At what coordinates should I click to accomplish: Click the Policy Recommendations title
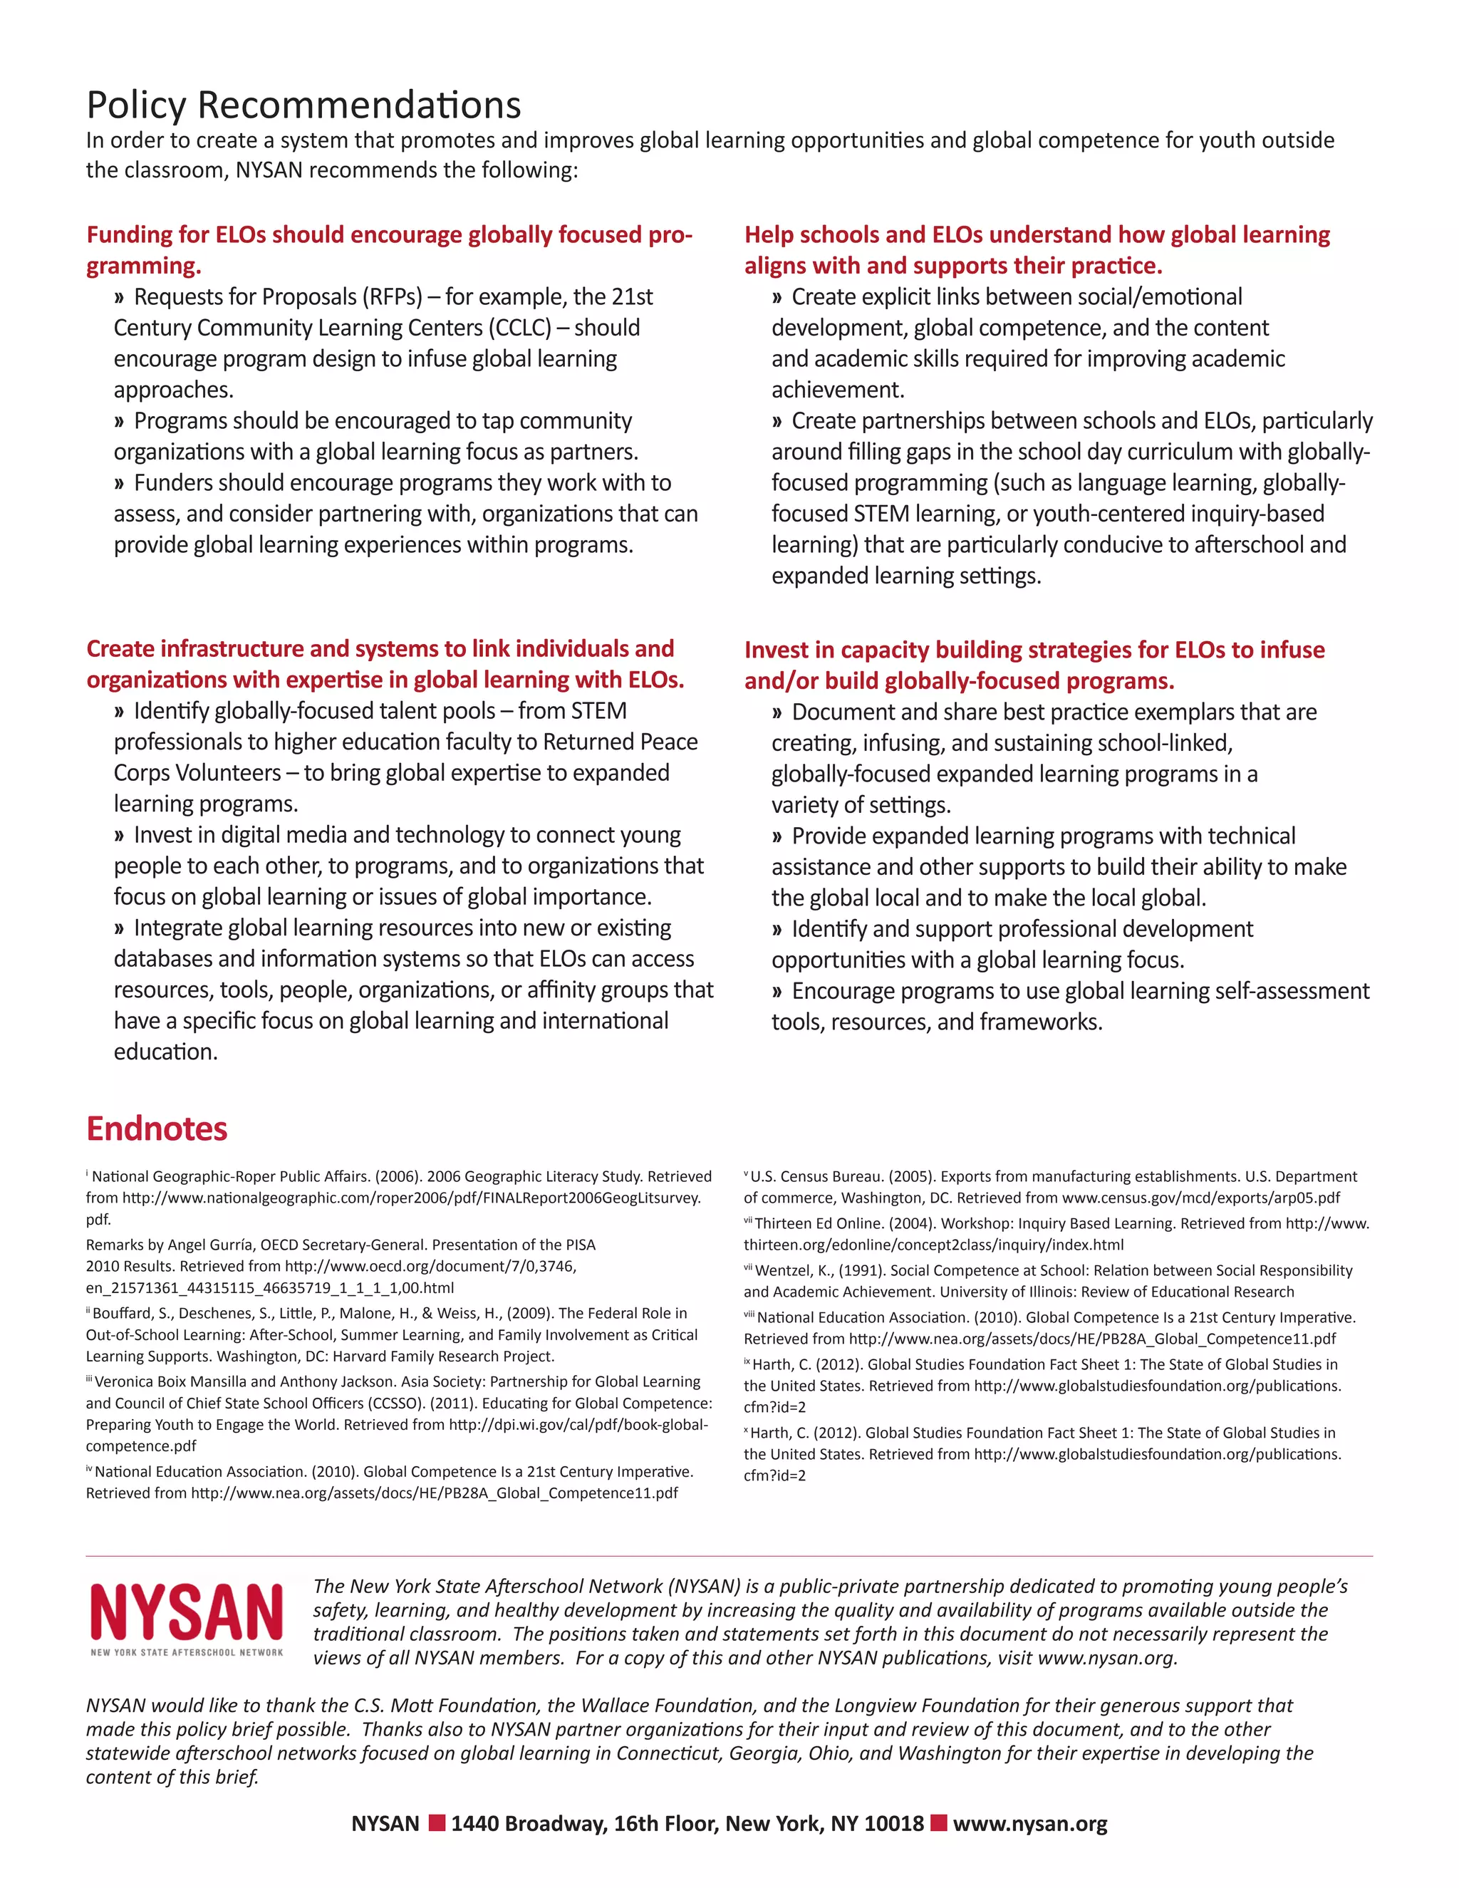coord(303,105)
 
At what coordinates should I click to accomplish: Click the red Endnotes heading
coord(157,1129)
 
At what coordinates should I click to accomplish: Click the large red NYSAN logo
coord(187,1612)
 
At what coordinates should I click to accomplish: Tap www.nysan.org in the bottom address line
coord(1029,1824)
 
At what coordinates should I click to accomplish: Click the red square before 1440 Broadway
coord(437,1823)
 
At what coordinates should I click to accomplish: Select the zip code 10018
coord(894,1824)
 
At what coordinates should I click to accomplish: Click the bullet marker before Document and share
coord(777,713)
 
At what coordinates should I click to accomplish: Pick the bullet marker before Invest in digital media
coord(119,836)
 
